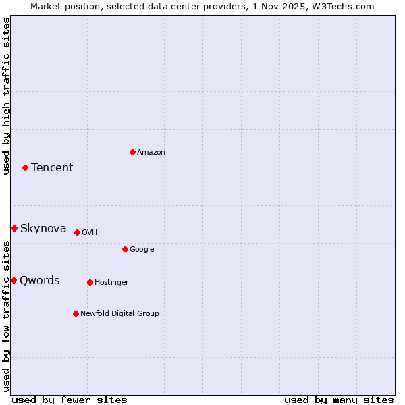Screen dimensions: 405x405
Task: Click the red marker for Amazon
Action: [132, 152]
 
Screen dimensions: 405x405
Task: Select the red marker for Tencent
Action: [25, 167]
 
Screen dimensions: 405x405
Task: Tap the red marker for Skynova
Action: [14, 228]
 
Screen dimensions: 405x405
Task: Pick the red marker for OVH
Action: [77, 232]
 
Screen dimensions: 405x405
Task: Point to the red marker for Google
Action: [125, 249]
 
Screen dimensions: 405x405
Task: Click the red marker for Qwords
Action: [13, 280]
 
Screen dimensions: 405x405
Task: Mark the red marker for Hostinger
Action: [90, 282]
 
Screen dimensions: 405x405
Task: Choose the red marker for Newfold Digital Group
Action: [76, 313]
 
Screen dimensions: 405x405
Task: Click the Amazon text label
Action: [151, 153]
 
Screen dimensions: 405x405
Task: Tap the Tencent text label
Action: [52, 168]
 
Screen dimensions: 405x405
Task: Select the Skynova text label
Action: [43, 229]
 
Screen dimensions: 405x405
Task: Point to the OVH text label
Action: [90, 233]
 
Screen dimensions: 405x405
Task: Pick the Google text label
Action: [142, 250]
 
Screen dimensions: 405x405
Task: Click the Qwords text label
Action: [40, 281]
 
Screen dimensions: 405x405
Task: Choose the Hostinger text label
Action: [111, 283]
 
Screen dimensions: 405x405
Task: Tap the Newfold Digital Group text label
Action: [120, 314]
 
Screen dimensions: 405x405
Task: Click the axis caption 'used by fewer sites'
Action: [70, 400]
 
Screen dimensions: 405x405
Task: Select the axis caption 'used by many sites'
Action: [339, 400]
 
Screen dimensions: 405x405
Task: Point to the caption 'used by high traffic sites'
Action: [7, 96]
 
